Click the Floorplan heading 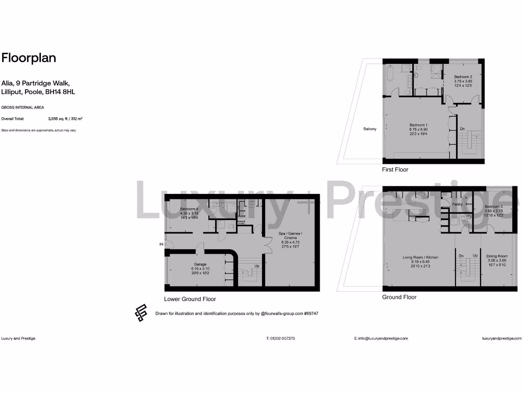(29, 58)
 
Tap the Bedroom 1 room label (418, 125)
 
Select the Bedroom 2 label (462, 77)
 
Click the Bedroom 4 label (190, 209)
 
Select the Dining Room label (496, 256)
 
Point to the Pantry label (457, 204)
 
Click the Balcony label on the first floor (370, 129)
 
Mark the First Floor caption (395, 169)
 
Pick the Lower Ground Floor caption (189, 299)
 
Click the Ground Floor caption (399, 297)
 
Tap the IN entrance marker (161, 245)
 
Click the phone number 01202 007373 (280, 338)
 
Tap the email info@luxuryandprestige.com (381, 338)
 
